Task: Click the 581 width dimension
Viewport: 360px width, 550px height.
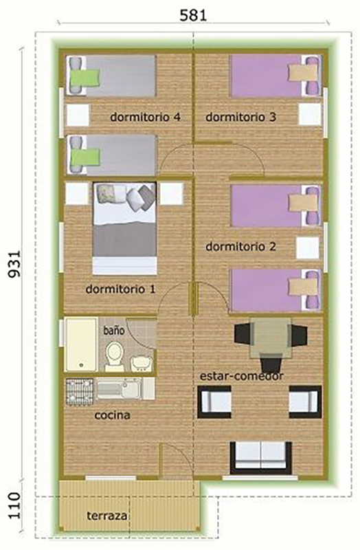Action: (x=193, y=15)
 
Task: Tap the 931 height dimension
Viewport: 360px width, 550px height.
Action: (x=14, y=264)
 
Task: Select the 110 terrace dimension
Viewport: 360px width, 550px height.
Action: (x=14, y=505)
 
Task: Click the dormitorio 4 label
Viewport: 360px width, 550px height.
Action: (x=145, y=117)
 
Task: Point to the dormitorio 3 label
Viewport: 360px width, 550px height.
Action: (x=240, y=117)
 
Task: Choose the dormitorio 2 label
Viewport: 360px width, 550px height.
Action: (x=240, y=247)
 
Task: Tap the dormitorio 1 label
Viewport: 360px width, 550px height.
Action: (x=120, y=289)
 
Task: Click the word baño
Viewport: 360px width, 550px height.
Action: (x=114, y=330)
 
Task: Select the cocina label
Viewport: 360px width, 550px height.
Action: (x=112, y=415)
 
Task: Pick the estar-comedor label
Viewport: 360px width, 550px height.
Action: (x=242, y=376)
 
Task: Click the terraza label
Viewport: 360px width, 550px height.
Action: (x=107, y=516)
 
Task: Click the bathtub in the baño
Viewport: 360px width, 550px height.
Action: (x=81, y=344)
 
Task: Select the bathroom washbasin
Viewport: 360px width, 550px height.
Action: (x=142, y=364)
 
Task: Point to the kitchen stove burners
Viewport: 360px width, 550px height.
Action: (x=80, y=391)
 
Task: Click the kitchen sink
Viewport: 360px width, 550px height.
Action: (x=119, y=388)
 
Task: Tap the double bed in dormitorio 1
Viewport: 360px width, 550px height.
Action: (x=124, y=228)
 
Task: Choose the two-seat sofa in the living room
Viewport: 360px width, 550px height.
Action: (x=261, y=457)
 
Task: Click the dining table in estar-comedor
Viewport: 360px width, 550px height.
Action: (x=271, y=338)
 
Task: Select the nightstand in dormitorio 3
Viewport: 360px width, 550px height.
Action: (x=310, y=114)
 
